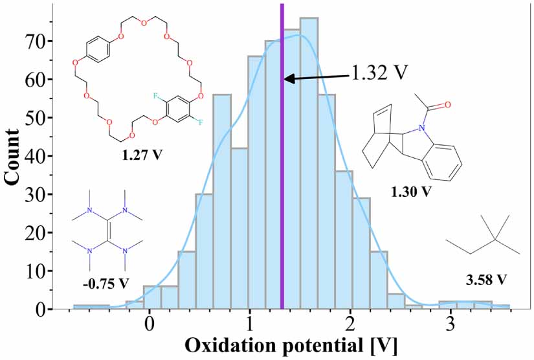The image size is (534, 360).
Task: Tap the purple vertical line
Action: (282, 194)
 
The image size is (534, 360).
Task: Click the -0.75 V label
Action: (105, 282)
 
